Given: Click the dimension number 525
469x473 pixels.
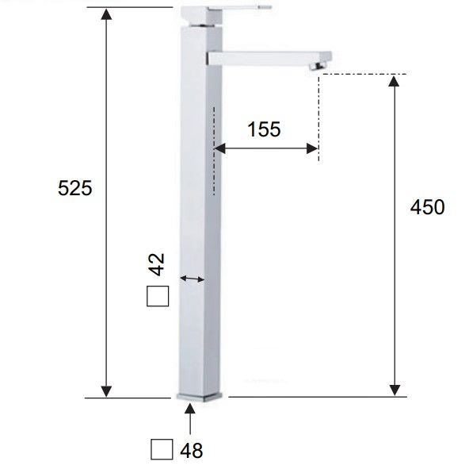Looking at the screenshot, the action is [74, 188].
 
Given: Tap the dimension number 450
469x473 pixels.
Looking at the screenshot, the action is [428, 207].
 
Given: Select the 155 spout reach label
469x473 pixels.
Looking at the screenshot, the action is [264, 129].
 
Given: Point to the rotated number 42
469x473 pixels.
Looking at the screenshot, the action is [157, 264].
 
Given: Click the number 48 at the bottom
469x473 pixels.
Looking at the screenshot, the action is [192, 451].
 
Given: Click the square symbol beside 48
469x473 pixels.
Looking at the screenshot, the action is [162, 449].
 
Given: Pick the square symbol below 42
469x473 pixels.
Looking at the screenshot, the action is [158, 296].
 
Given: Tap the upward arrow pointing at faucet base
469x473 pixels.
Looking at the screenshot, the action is [190, 419].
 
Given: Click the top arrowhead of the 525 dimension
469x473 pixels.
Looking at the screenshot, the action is [106, 14].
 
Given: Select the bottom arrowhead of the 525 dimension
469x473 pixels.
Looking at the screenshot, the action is [106, 391].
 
